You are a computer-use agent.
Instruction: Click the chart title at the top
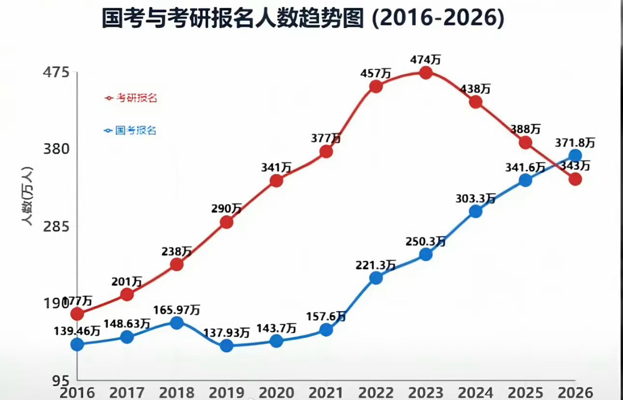pyautogui.click(x=303, y=20)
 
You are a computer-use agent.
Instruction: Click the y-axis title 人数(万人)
pyautogui.click(x=27, y=196)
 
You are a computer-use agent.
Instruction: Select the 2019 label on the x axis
pyautogui.click(x=227, y=392)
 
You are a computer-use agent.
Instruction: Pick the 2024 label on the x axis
pyautogui.click(x=476, y=392)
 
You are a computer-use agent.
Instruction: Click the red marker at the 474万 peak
pyautogui.click(x=425, y=73)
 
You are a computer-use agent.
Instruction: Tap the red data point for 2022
pyautogui.click(x=376, y=86)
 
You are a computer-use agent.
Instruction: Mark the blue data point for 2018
pyautogui.click(x=177, y=323)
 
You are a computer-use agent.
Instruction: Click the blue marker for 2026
pyautogui.click(x=575, y=156)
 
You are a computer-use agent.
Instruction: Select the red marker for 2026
pyautogui.click(x=575, y=179)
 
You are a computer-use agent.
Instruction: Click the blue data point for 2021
pyautogui.click(x=326, y=329)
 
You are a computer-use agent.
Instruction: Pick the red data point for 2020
pyautogui.click(x=276, y=181)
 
